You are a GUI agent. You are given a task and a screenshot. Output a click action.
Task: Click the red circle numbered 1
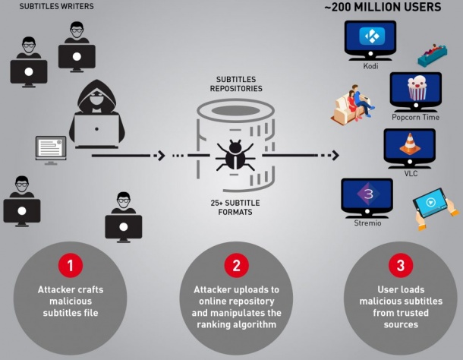70,265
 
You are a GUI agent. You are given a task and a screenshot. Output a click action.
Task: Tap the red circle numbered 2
235,265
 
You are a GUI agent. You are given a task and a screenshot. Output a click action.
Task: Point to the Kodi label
370,65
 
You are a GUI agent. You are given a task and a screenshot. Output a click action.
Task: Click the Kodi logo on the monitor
370,37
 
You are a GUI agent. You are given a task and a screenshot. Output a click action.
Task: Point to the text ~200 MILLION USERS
392,8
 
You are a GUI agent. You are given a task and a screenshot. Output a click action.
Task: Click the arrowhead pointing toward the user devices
334,156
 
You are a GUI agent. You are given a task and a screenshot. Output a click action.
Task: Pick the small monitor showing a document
51,148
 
